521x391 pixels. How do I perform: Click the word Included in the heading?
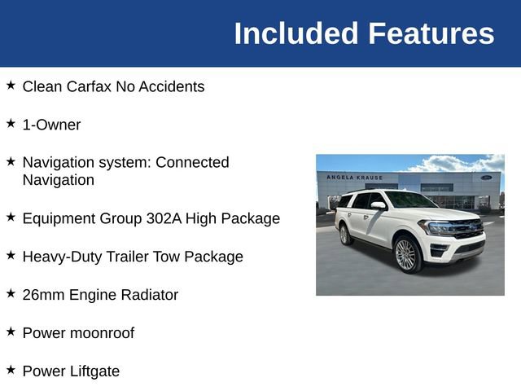(296, 33)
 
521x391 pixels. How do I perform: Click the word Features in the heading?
(431, 33)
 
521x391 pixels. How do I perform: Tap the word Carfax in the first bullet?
(90, 86)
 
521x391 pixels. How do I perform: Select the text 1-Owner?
(51, 125)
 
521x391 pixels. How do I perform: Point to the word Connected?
(192, 162)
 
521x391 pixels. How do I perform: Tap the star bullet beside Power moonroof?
(11, 332)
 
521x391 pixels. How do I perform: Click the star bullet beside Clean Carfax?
(11, 85)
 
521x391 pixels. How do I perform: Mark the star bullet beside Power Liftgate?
(11, 370)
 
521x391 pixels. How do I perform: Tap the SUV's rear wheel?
(345, 235)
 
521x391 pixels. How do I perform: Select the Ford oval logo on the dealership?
(486, 177)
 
